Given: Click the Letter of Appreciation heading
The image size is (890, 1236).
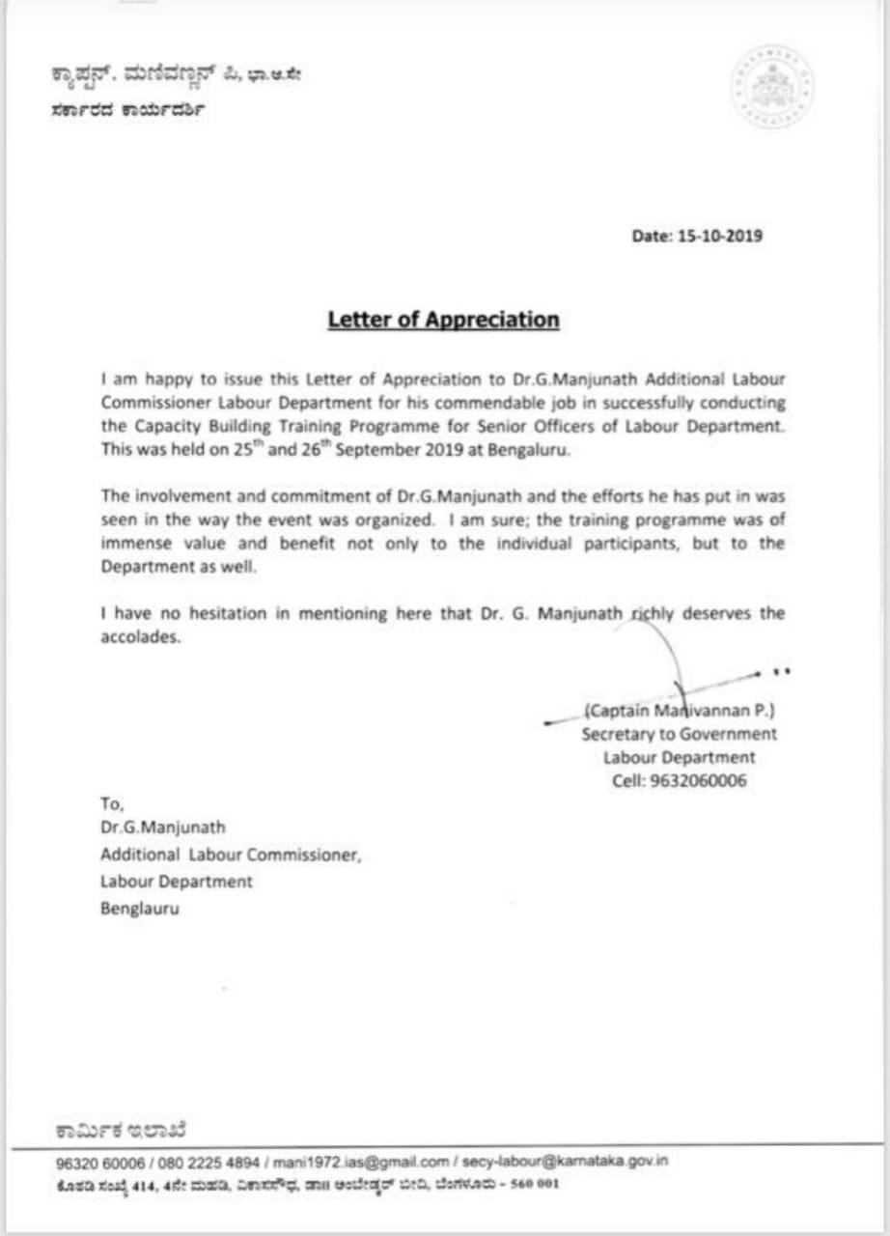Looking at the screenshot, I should (x=443, y=320).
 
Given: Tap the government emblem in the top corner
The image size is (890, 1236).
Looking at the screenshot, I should (x=771, y=85).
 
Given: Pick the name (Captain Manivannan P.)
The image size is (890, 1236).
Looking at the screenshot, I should (x=679, y=711).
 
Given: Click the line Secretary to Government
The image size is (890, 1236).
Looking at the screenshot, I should (x=679, y=734).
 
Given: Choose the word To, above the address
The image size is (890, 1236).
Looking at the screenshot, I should (x=112, y=803).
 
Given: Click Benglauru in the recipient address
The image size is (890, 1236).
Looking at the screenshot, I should (x=139, y=908).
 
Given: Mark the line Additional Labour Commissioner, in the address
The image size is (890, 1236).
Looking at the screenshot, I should (x=231, y=855).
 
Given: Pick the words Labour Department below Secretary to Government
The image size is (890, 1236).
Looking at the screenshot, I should (x=679, y=758).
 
